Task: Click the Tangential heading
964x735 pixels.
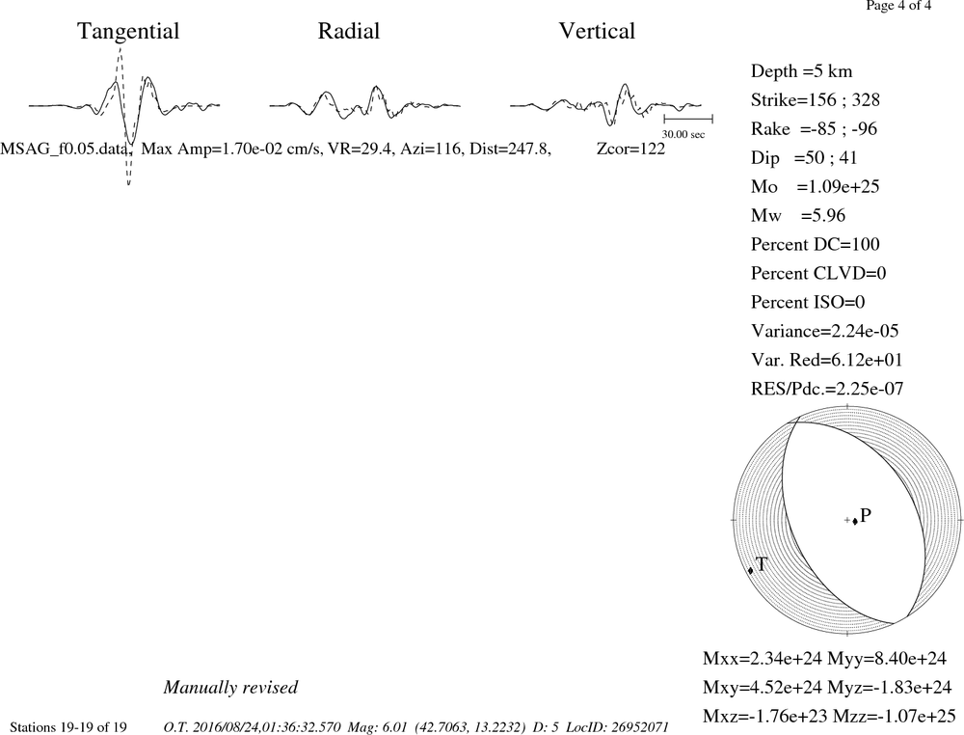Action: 128,32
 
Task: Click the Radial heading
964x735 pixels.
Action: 349,31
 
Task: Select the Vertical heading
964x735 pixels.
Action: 597,31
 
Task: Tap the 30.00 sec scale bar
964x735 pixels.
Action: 688,120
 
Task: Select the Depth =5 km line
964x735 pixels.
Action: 802,71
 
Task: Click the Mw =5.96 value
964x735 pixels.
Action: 798,215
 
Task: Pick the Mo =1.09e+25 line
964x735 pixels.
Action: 816,186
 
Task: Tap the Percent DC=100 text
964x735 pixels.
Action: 816,244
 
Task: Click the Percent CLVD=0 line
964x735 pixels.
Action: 818,273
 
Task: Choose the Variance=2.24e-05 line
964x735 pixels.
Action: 825,331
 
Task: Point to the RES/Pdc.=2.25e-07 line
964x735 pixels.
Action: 827,389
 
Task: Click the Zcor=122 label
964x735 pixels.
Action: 630,149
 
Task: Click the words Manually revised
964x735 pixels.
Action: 230,687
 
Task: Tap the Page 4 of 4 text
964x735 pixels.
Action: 898,6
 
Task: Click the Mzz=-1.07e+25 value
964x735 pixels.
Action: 895,716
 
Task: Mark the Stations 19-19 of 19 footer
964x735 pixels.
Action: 68,727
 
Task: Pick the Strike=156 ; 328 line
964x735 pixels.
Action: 816,99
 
